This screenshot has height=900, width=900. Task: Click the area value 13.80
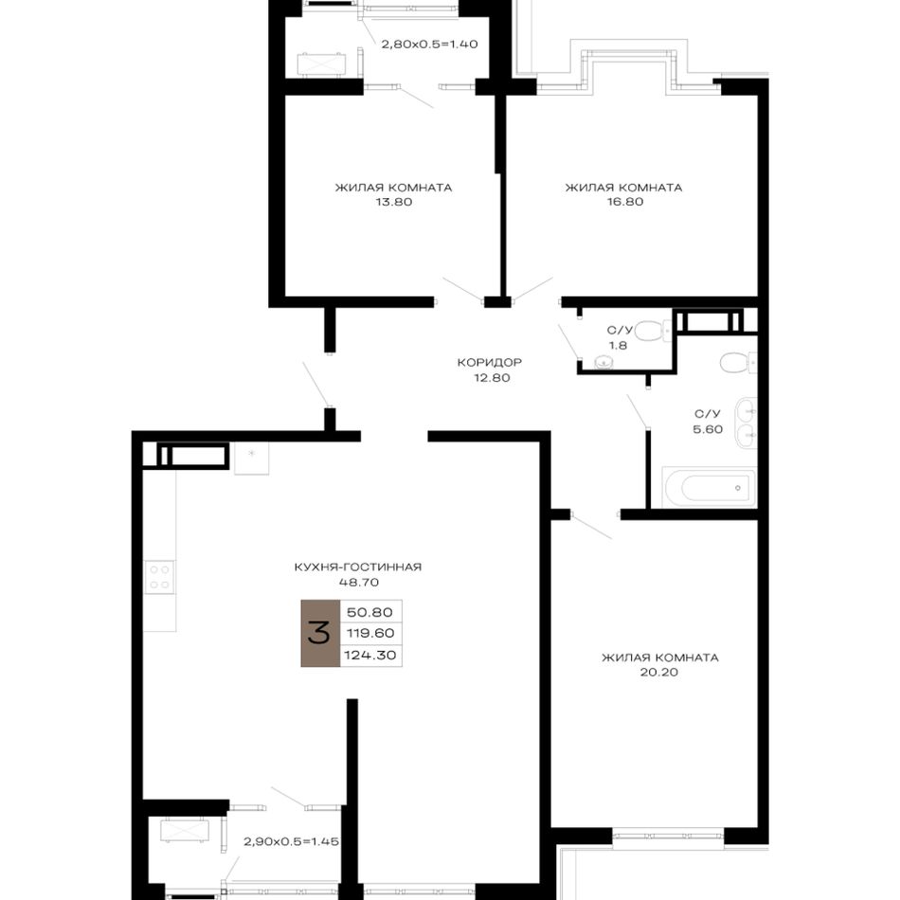click(x=394, y=202)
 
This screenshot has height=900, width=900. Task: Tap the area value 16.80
click(x=624, y=202)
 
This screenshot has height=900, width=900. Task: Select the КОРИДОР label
click(x=490, y=363)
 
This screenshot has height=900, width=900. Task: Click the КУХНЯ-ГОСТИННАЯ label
click(x=358, y=567)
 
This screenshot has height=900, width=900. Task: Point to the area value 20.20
click(x=659, y=672)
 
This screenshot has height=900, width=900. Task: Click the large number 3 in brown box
click(x=319, y=633)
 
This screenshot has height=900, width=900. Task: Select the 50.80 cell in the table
click(x=370, y=612)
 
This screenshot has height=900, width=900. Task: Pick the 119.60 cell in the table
click(x=370, y=633)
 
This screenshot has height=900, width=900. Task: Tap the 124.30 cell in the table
click(x=370, y=655)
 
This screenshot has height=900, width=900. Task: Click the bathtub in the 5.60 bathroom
click(x=710, y=488)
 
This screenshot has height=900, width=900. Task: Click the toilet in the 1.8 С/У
click(x=654, y=331)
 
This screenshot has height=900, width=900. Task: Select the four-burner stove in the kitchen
click(x=159, y=577)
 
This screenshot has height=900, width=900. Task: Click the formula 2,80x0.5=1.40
click(x=429, y=45)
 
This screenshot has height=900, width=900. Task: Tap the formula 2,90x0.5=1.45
click(x=292, y=842)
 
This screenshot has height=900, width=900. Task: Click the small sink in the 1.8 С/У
click(x=603, y=362)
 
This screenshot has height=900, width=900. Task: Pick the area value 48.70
click(x=358, y=582)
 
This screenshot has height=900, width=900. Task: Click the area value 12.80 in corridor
click(x=492, y=378)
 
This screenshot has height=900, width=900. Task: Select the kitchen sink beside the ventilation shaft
click(x=251, y=458)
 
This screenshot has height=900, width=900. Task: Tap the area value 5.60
click(x=708, y=429)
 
